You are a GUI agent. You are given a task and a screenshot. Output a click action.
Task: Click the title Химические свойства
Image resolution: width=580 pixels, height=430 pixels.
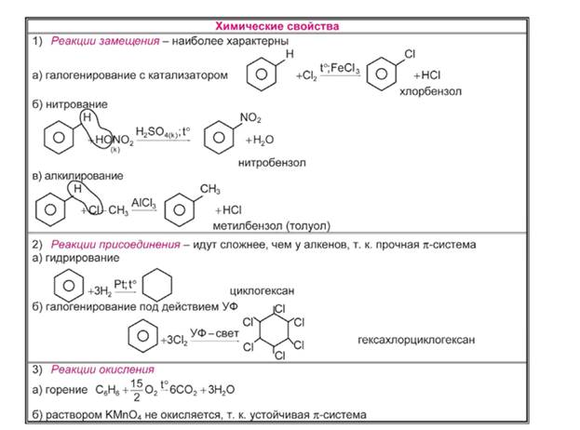click(277, 26)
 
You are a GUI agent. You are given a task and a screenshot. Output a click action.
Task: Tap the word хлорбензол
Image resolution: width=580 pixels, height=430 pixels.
click(431, 92)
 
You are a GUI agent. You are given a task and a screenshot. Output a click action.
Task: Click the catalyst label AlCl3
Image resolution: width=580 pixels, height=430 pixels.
click(142, 201)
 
